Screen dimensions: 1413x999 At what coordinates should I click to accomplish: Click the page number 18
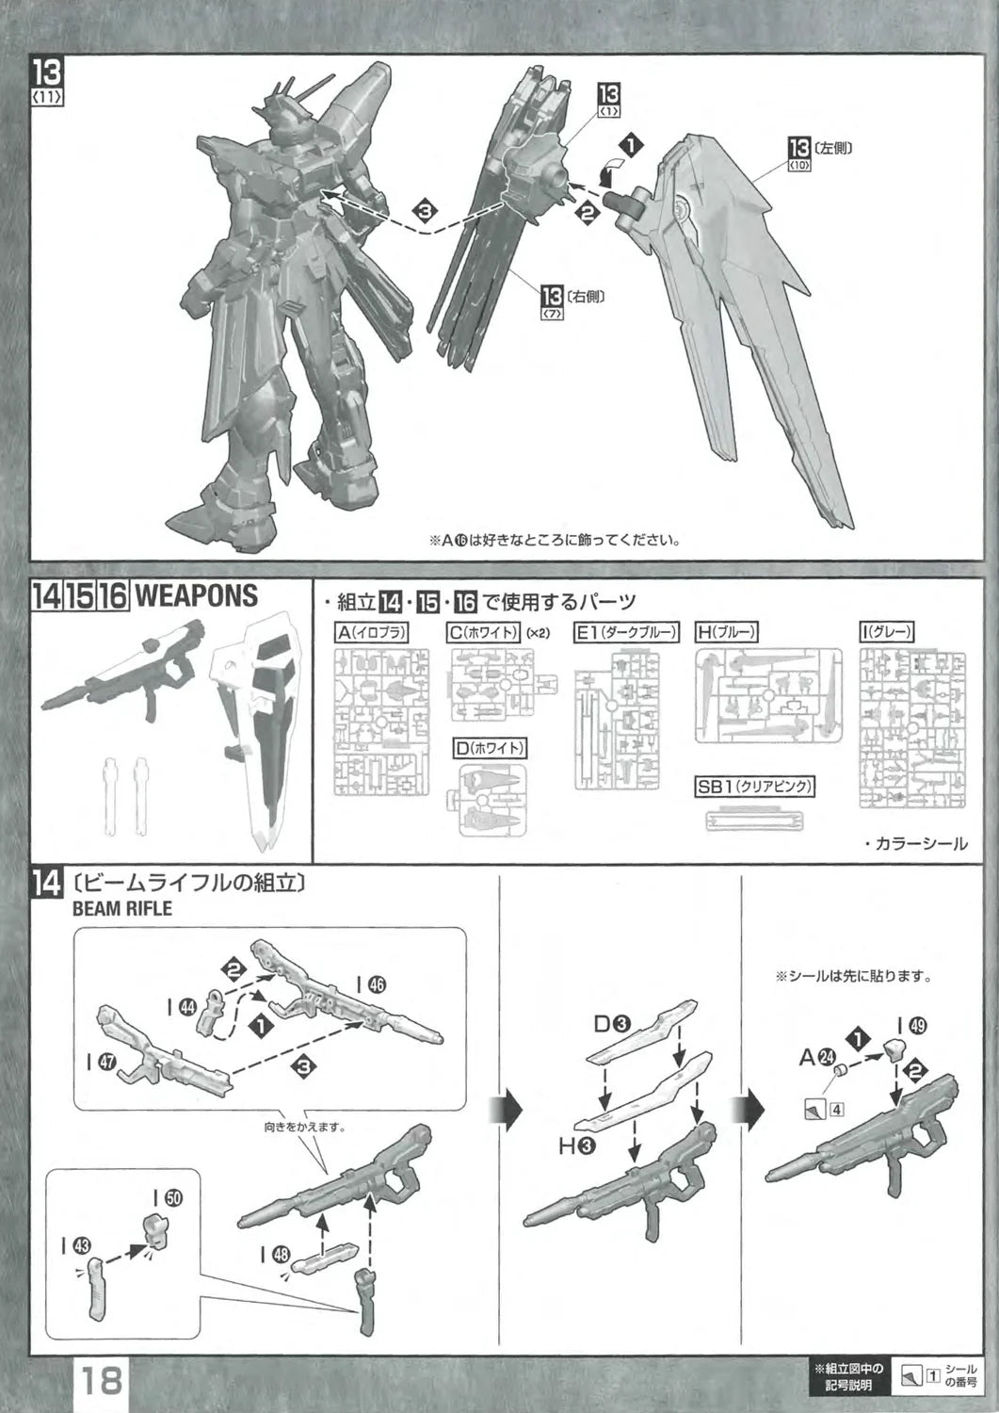[101, 1381]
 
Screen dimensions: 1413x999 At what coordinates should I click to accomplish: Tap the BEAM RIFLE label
[122, 909]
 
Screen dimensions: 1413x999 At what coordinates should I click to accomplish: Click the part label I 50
[169, 1197]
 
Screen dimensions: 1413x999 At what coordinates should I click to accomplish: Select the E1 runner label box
[626, 633]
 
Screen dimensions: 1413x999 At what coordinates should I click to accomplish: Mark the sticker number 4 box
[836, 1108]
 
